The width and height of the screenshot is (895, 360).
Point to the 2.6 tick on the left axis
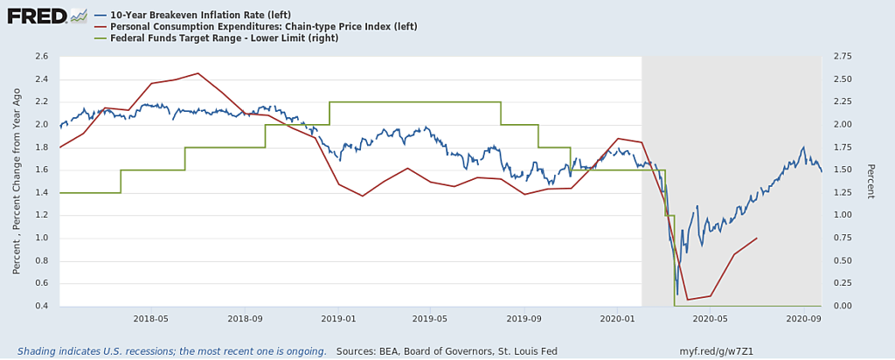tap(41, 56)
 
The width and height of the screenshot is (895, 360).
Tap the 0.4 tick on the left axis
tap(41, 306)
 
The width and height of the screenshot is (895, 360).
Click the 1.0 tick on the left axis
tap(41, 238)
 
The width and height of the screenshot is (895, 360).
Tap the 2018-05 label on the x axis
tap(151, 320)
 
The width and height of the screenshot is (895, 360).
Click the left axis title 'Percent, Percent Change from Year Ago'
tap(17, 181)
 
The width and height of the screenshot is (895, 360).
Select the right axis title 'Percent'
tap(870, 181)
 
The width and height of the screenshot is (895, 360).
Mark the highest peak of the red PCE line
tap(198, 73)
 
